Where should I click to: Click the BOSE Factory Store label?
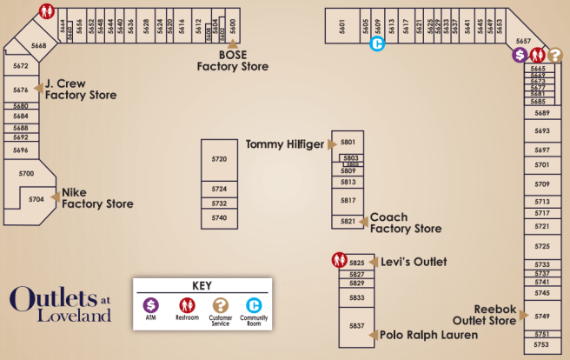pos(232,60)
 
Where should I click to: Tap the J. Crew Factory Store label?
pos(81,89)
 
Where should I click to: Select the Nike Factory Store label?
pos(96,198)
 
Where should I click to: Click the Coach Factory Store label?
pos(406,223)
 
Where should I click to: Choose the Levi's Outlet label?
pos(413,262)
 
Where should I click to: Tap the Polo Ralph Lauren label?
pos(416,335)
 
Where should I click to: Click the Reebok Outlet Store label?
pos(494,315)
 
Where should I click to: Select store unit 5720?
pos(219,159)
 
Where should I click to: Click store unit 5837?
pos(356,326)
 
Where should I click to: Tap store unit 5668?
pos(38,45)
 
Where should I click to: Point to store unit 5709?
pos(542,183)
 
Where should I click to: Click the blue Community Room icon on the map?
pos(377,44)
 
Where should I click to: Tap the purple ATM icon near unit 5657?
pos(520,55)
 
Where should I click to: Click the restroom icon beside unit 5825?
pos(338,260)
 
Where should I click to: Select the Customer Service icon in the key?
pos(220,306)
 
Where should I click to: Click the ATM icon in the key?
pos(150,306)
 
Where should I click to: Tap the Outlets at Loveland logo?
pos(61,303)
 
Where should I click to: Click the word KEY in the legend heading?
pos(202,285)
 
